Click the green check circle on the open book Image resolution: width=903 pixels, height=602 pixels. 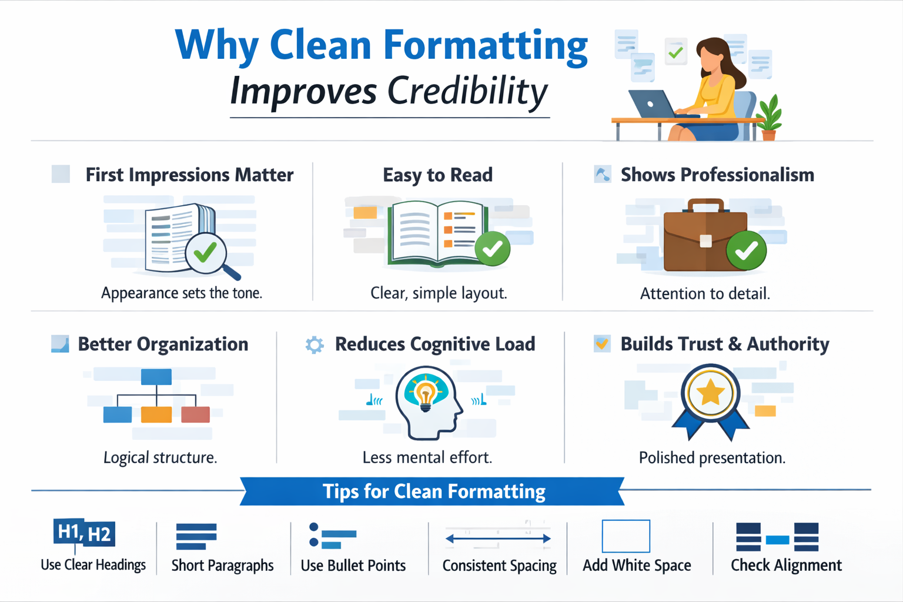pyautogui.click(x=492, y=248)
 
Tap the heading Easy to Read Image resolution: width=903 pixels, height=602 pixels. pyautogui.click(x=438, y=175)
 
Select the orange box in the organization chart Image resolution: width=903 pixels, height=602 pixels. pyautogui.click(x=156, y=414)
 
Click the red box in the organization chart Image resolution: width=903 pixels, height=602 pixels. pyautogui.click(x=196, y=414)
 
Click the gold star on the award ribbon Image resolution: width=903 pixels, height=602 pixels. pyautogui.click(x=710, y=392)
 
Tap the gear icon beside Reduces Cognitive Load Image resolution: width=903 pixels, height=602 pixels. pyautogui.click(x=315, y=345)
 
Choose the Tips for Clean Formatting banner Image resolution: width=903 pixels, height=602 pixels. pyautogui.click(x=432, y=491)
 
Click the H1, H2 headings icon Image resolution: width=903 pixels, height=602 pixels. pyautogui.click(x=84, y=533)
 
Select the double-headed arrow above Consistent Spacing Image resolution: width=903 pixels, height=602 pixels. pyautogui.click(x=499, y=539)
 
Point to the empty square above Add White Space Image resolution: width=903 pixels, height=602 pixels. pyautogui.click(x=626, y=536)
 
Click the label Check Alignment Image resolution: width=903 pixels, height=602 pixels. pyautogui.click(x=786, y=566)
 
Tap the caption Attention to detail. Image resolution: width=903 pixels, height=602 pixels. pyautogui.click(x=705, y=293)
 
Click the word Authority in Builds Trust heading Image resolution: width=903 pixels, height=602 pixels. pyautogui.click(x=788, y=345)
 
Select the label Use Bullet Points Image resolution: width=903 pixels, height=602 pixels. pyautogui.click(x=353, y=566)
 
